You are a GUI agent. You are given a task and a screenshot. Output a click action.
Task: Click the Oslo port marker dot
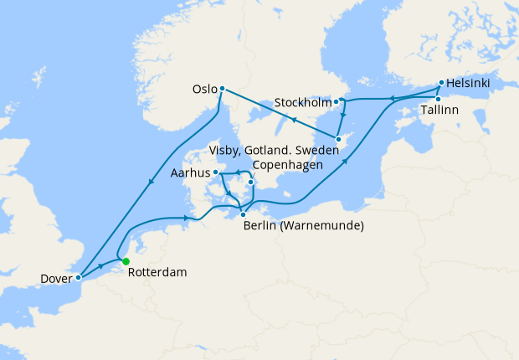tap(222, 88)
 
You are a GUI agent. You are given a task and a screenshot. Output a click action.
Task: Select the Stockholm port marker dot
tap(337, 102)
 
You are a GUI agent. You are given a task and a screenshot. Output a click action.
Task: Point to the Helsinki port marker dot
tap(442, 84)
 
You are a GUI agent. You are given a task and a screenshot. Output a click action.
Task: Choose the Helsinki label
tap(469, 83)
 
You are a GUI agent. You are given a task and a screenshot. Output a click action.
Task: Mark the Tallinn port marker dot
tap(437, 99)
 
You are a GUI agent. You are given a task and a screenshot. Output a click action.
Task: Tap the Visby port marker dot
tap(338, 139)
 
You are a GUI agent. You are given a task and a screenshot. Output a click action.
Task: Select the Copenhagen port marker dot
tap(250, 182)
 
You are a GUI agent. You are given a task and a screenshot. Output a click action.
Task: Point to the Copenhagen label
tap(285, 164)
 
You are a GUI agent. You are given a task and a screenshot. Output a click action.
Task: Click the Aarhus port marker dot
tap(216, 172)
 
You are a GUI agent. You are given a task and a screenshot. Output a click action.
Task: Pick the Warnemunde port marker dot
tap(243, 214)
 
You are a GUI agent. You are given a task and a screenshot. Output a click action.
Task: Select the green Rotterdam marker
tap(126, 262)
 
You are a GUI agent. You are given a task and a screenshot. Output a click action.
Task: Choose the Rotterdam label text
tap(157, 273)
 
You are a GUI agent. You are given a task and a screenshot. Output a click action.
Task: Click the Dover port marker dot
tap(78, 276)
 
